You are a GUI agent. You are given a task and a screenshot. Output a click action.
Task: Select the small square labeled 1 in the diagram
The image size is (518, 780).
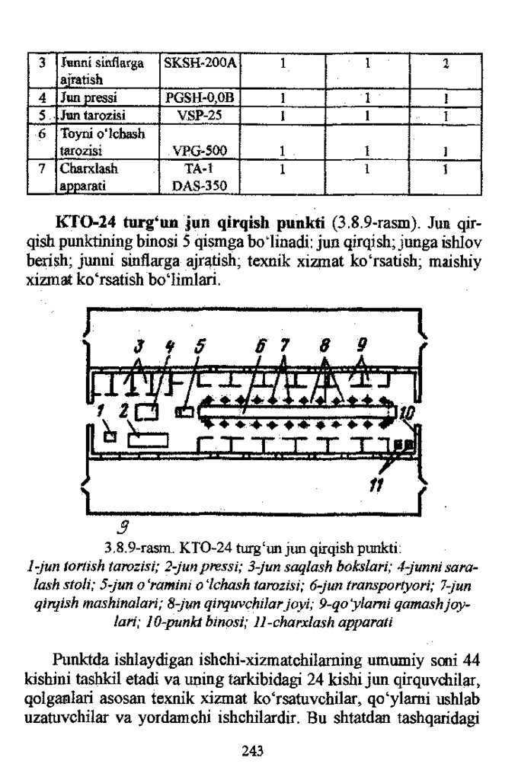coord(110,436)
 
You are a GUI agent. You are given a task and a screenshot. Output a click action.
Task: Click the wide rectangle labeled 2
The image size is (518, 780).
coord(148,440)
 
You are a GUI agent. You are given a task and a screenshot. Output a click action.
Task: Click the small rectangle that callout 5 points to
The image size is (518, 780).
coord(184,412)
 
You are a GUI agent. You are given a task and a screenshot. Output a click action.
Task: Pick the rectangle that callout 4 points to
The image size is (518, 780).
coord(151,412)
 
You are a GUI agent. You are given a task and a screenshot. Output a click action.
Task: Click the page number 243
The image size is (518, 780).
coord(252,751)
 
